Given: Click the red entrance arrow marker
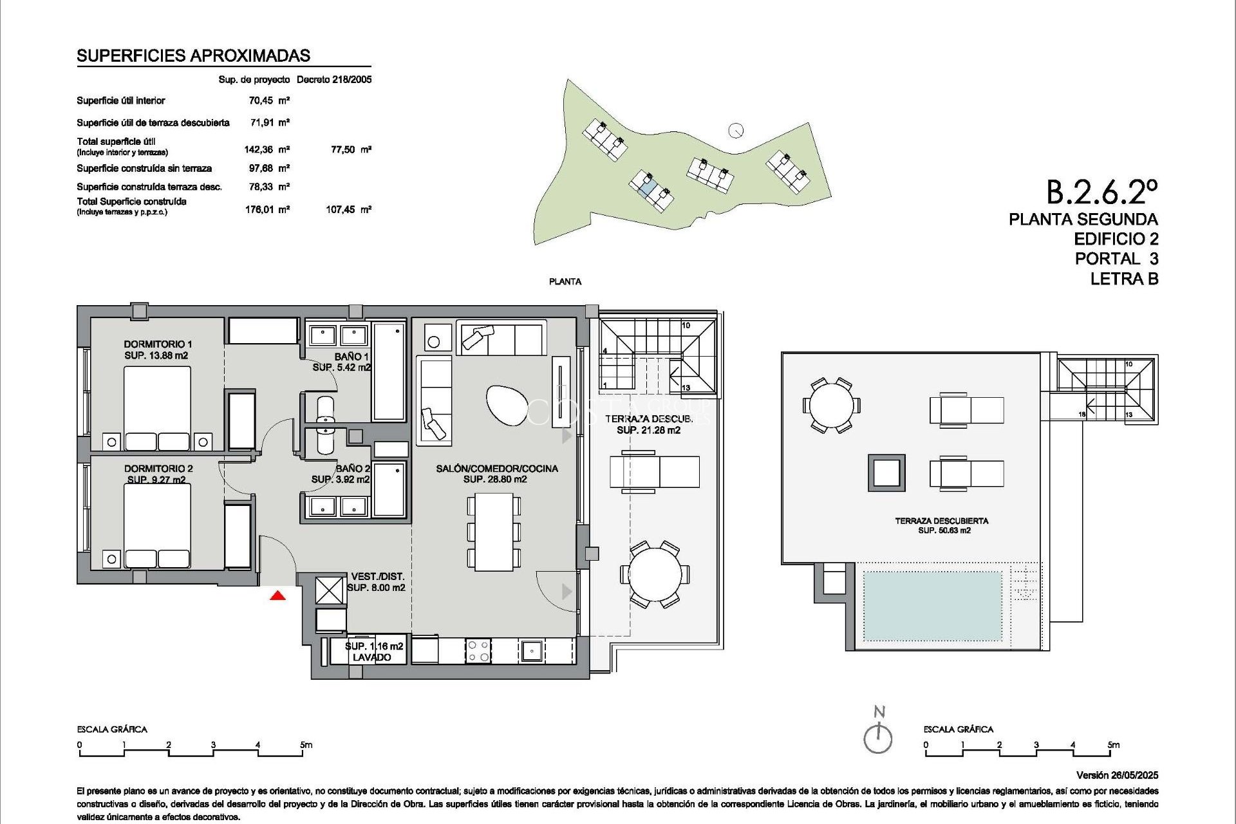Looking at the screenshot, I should (277, 595).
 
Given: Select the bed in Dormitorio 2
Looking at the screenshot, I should (157, 525).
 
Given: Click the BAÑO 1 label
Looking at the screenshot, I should (351, 357).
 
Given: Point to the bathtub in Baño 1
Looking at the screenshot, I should (389, 371).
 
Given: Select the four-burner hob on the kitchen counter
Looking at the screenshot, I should (478, 650).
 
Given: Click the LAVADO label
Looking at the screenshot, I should (371, 657).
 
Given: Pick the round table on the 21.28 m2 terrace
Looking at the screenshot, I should (655, 574).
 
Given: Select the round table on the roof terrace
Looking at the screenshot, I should (831, 406).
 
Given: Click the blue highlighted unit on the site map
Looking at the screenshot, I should (648, 187).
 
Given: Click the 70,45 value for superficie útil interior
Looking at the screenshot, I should (261, 100).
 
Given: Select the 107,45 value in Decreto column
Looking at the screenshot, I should (340, 209).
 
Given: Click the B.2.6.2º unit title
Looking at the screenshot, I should (1101, 192).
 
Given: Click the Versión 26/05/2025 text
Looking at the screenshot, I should (1117, 775).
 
